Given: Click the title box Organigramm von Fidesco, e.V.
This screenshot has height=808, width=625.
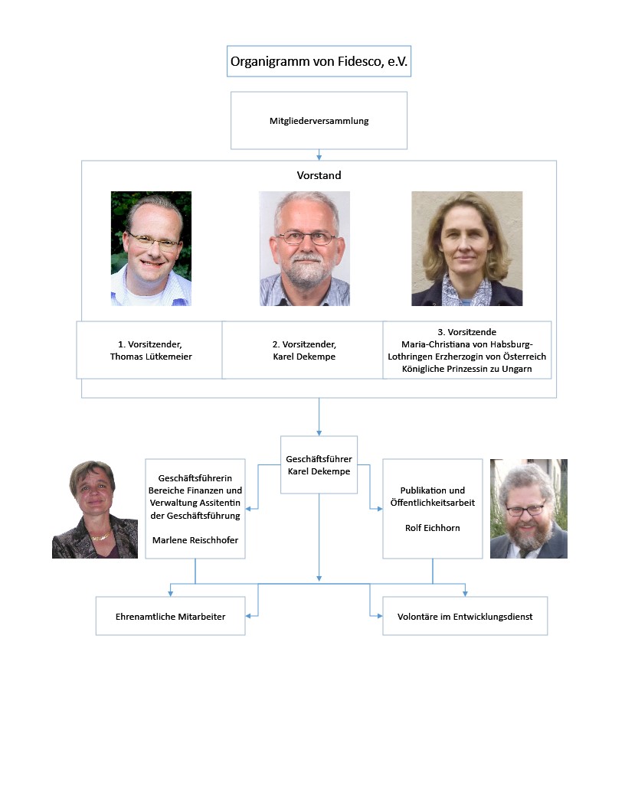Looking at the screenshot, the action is click(319, 61).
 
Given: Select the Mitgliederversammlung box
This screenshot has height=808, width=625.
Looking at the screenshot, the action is click(319, 121).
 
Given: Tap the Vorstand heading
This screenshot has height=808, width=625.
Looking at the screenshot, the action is click(319, 175).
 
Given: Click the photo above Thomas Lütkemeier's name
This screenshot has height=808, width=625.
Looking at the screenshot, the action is click(151, 249).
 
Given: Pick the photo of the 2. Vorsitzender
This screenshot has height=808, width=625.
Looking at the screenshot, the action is click(304, 249).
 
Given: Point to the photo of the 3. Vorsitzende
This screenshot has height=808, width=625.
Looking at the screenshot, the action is click(466, 249).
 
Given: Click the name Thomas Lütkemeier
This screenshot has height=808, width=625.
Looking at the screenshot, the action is click(151, 357).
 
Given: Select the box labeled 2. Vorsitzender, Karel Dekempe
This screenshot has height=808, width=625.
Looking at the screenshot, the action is click(303, 350).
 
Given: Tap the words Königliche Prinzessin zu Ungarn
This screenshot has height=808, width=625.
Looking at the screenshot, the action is click(466, 369).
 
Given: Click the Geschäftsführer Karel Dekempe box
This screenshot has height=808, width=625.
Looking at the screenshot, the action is click(319, 464).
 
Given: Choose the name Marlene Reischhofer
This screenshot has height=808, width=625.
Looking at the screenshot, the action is click(195, 540).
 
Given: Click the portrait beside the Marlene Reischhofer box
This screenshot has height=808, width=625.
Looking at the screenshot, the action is click(95, 509).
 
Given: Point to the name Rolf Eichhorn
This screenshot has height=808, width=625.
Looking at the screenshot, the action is click(433, 528).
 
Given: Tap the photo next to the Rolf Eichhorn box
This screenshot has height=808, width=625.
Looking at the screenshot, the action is click(528, 509).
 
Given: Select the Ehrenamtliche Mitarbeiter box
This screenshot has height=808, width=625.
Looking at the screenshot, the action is click(170, 616).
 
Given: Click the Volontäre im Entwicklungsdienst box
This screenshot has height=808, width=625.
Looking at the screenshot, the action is click(465, 616).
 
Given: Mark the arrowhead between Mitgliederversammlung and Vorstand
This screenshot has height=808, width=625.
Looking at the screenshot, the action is click(319, 157).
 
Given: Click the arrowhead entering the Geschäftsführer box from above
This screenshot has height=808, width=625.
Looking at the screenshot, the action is click(319, 433).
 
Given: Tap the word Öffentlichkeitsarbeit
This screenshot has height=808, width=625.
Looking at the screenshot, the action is click(433, 503).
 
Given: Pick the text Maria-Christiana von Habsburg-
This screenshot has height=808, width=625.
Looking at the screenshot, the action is click(466, 344).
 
